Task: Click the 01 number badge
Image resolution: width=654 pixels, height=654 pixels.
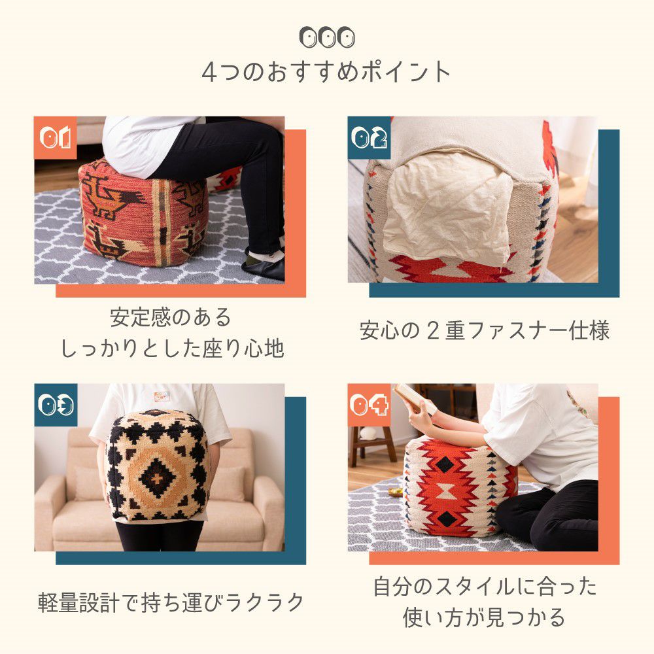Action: pyautogui.click(x=55, y=137)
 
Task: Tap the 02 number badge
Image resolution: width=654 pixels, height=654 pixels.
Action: pyautogui.click(x=369, y=137)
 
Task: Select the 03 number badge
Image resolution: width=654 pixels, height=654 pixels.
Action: pyautogui.click(x=56, y=405)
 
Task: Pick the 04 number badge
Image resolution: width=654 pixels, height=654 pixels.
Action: pyautogui.click(x=369, y=405)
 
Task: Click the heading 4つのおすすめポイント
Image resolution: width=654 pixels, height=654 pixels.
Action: pyautogui.click(x=326, y=72)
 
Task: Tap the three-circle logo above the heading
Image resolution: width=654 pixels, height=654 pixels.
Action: pyautogui.click(x=327, y=37)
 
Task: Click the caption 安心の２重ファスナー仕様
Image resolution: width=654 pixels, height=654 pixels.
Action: pyautogui.click(x=484, y=330)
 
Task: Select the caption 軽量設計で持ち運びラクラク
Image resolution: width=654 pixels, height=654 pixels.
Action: pyautogui.click(x=171, y=602)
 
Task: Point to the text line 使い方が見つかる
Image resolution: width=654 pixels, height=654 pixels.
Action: pyautogui.click(x=484, y=617)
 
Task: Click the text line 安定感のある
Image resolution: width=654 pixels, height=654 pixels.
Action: pyautogui.click(x=171, y=317)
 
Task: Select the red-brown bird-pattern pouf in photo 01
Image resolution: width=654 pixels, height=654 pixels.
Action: pyautogui.click(x=144, y=213)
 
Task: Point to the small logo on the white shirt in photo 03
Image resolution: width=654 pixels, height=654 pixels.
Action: pyautogui.click(x=162, y=396)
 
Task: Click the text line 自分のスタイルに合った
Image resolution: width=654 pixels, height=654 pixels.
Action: pyautogui.click(x=485, y=586)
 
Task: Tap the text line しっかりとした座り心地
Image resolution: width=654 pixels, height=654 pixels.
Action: pyautogui.click(x=172, y=349)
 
